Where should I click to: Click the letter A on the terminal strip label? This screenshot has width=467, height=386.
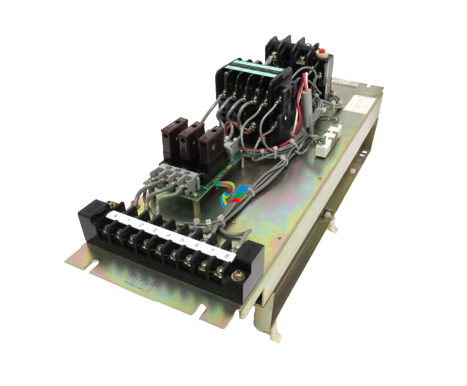[116, 216]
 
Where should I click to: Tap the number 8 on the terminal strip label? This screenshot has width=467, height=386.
[227, 256]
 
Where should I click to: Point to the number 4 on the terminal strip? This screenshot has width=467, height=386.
[169, 235]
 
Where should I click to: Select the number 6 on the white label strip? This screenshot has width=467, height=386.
[197, 246]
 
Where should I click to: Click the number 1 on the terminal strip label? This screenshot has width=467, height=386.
[128, 221]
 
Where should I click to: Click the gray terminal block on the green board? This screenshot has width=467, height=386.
[176, 177]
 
